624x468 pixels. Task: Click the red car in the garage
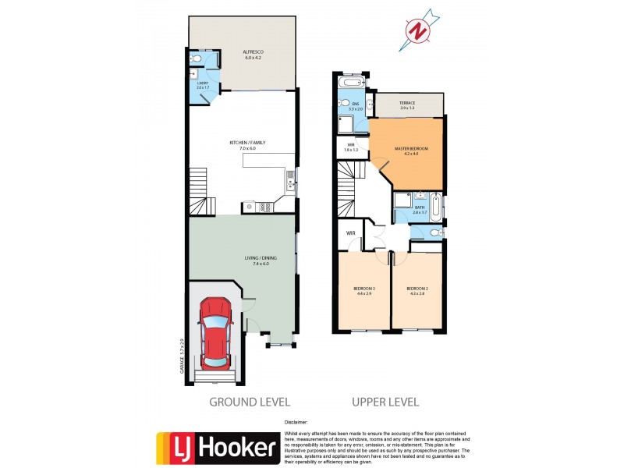[x=216, y=333]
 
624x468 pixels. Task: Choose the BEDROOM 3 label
[x=364, y=292]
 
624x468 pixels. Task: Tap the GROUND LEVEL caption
[x=249, y=402]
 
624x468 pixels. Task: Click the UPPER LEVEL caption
[x=385, y=402]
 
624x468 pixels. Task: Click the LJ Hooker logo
[x=218, y=447]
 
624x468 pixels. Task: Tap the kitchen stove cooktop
[x=264, y=207]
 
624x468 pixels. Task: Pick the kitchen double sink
[x=290, y=184]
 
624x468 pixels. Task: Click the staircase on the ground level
[x=200, y=191]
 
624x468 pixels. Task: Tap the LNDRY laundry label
[x=202, y=85]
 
